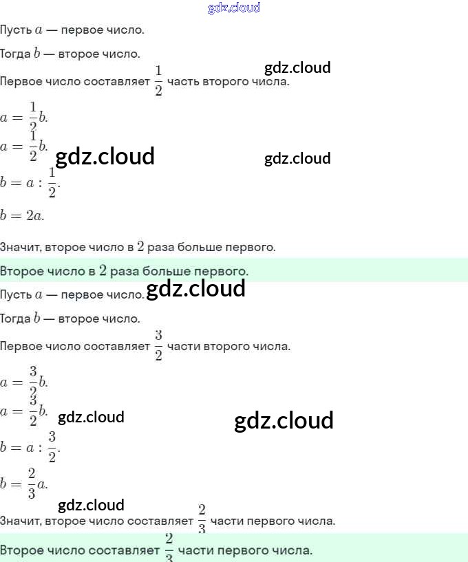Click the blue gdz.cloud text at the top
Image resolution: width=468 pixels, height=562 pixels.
tap(234, 8)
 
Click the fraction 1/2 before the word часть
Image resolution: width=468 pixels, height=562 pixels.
tap(158, 81)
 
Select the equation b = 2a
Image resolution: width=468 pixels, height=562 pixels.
tap(22, 215)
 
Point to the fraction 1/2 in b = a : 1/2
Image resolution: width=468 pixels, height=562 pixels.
tap(52, 182)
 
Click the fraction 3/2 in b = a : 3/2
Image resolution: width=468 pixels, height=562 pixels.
tap(52, 447)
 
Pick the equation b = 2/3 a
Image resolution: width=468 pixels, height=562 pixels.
tap(24, 484)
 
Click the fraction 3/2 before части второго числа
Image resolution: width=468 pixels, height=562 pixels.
tap(158, 345)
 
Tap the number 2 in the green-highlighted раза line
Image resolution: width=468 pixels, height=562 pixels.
tap(103, 270)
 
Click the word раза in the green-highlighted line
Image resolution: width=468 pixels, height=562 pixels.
tap(125, 271)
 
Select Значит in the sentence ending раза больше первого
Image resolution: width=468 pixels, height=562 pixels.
tap(19, 246)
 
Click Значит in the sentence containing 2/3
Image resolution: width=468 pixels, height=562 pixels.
tap(19, 521)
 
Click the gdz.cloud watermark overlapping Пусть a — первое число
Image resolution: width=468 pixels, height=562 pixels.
tap(196, 289)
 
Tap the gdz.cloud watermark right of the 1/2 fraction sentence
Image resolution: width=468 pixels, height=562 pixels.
tap(297, 67)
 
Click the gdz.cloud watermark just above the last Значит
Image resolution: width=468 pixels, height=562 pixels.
tap(91, 505)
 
